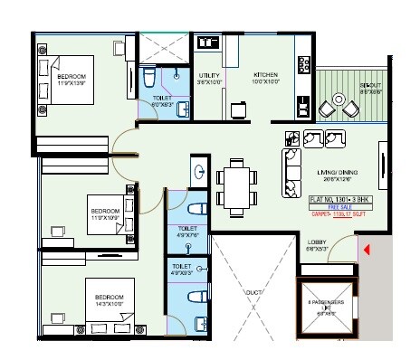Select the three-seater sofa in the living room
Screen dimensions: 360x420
pyautogui.click(x=294, y=166)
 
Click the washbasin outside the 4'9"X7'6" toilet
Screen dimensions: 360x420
pyautogui.click(x=198, y=169)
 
